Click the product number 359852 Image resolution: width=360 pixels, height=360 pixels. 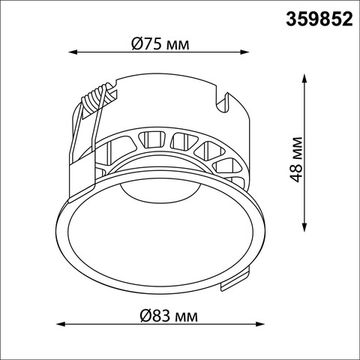coord(319,20)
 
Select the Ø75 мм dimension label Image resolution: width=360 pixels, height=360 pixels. coord(160,44)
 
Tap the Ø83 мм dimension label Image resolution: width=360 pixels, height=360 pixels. coord(169,315)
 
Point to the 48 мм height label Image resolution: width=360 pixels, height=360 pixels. coord(296,159)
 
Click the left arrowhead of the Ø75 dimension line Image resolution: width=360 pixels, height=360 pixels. coord(73,52)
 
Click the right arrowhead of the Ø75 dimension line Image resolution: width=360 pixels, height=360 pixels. coord(245,52)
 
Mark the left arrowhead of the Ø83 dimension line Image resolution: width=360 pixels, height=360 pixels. coord(61,324)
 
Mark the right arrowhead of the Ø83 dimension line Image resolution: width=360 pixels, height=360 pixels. coord(260,324)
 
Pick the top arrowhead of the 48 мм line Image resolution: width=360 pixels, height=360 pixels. coord(304,79)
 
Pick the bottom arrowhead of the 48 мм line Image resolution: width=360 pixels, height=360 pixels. coord(304,227)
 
